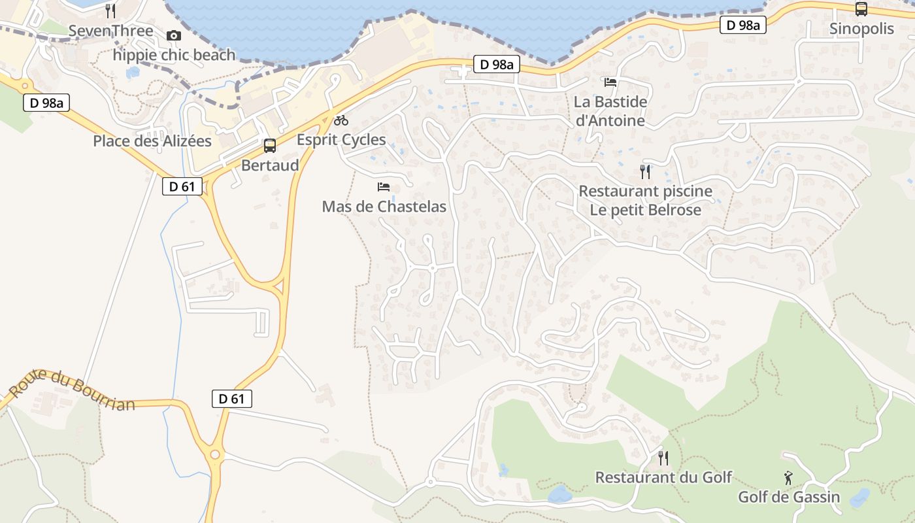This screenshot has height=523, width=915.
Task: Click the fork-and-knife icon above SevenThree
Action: [110, 10]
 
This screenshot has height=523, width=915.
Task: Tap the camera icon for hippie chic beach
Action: [174, 35]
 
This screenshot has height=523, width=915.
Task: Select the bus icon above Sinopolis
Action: [861, 9]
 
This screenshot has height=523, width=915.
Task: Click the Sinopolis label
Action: [861, 29]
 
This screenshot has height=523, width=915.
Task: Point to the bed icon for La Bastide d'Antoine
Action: [610, 82]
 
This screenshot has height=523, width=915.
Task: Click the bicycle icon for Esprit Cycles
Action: [341, 120]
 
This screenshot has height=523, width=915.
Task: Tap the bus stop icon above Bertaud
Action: [270, 145]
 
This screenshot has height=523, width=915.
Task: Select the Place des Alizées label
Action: [152, 141]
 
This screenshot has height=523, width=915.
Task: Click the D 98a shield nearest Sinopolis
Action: [743, 25]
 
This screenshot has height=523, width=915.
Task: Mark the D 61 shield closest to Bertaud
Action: [182, 186]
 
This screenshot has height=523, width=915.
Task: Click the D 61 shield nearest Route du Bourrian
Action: [232, 398]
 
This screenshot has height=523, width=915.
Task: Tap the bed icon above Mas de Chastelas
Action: [384, 187]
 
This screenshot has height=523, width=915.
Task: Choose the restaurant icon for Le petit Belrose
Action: [645, 171]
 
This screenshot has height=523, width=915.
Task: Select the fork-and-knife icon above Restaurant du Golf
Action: [663, 458]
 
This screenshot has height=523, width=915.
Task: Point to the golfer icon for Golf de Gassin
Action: [789, 478]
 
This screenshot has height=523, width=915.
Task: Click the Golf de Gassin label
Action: [789, 498]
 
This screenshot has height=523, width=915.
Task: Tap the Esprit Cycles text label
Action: [341, 140]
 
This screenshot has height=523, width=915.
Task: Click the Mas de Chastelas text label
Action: [384, 207]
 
